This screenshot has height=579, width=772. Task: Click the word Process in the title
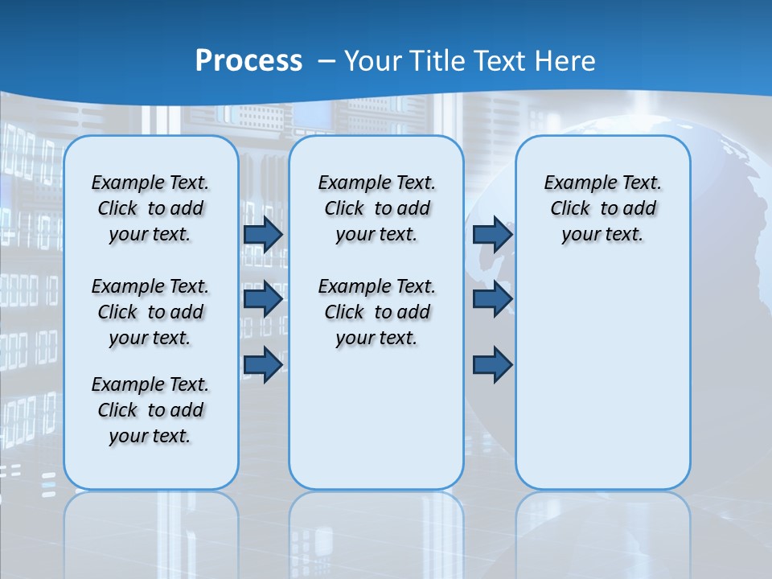[x=248, y=60]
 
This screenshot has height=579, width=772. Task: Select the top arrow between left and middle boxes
[x=263, y=234]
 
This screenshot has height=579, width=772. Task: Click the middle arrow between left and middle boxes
[x=263, y=299]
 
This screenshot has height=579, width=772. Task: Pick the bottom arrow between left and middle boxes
[x=263, y=364]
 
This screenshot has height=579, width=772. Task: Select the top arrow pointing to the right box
[x=492, y=234]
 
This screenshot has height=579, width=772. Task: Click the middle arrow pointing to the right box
[x=492, y=299]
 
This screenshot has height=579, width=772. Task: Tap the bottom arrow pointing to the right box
[x=492, y=364]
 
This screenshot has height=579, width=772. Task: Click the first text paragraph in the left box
[x=150, y=208]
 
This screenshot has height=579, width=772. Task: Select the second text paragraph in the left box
[x=150, y=312]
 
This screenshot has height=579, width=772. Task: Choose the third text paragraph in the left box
[x=150, y=410]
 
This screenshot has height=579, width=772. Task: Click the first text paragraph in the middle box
[x=376, y=208]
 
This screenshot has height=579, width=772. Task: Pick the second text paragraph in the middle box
[x=376, y=312]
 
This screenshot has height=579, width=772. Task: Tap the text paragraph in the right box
[x=602, y=208]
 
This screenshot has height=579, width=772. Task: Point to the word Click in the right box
[x=570, y=209]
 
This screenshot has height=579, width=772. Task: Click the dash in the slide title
[x=327, y=60]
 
